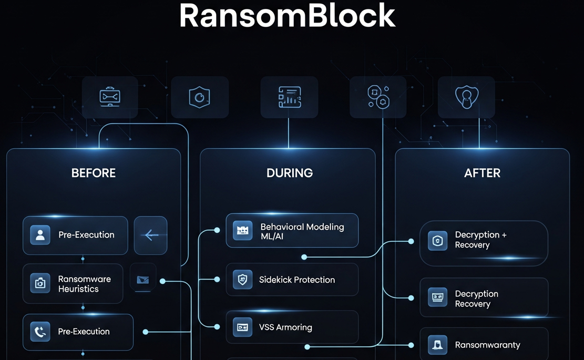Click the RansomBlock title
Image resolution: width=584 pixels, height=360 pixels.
pyautogui.click(x=287, y=16)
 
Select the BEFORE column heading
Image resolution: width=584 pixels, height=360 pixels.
pyautogui.click(x=94, y=173)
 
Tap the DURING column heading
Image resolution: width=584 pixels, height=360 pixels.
pyautogui.click(x=290, y=173)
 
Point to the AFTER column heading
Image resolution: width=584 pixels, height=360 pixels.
pyautogui.click(x=482, y=173)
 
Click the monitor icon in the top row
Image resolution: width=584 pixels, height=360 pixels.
pyautogui.click(x=110, y=97)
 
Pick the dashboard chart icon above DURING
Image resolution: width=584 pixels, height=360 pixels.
pyautogui.click(x=289, y=97)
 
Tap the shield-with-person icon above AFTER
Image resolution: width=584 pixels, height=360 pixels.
pyautogui.click(x=466, y=97)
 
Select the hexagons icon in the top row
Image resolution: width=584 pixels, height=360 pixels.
pyautogui.click(x=378, y=97)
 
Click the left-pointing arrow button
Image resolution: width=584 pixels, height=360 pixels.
pyautogui.click(x=151, y=235)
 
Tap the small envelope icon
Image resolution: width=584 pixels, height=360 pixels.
pyautogui.click(x=142, y=280)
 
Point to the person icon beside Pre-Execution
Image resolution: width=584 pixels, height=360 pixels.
pyautogui.click(x=40, y=235)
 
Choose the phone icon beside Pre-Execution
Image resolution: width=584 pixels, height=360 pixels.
pyautogui.click(x=40, y=332)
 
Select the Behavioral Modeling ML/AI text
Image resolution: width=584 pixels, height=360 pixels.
pyautogui.click(x=302, y=231)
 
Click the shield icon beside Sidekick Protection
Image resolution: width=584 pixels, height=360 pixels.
pyautogui.click(x=242, y=280)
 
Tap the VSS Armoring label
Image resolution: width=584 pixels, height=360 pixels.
pyautogui.click(x=285, y=327)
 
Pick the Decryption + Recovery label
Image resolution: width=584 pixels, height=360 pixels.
pyautogui.click(x=480, y=240)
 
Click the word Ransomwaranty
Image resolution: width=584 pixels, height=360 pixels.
pyautogui.click(x=487, y=345)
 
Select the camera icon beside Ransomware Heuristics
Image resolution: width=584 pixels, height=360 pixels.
pyautogui.click(x=40, y=283)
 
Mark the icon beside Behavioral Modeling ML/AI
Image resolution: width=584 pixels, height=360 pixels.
pyautogui.click(x=242, y=230)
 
